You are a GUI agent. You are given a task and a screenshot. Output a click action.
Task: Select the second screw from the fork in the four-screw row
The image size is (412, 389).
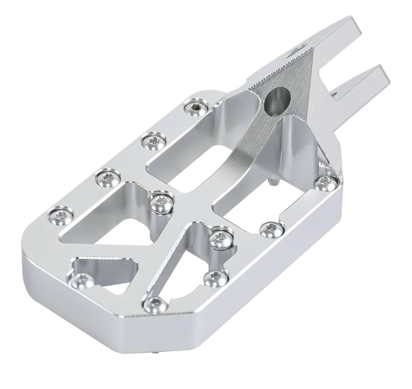153,141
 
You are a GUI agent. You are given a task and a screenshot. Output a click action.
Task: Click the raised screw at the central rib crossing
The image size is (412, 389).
161,202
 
